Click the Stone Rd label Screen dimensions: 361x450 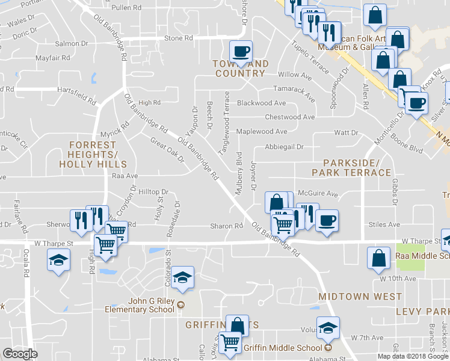178,38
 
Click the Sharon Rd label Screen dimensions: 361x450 226,226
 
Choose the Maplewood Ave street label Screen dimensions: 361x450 262,131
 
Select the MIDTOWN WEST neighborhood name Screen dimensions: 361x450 360,297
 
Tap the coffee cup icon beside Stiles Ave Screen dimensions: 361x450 326,220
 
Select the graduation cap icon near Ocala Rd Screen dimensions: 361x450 58,260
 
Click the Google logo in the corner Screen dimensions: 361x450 20,353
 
